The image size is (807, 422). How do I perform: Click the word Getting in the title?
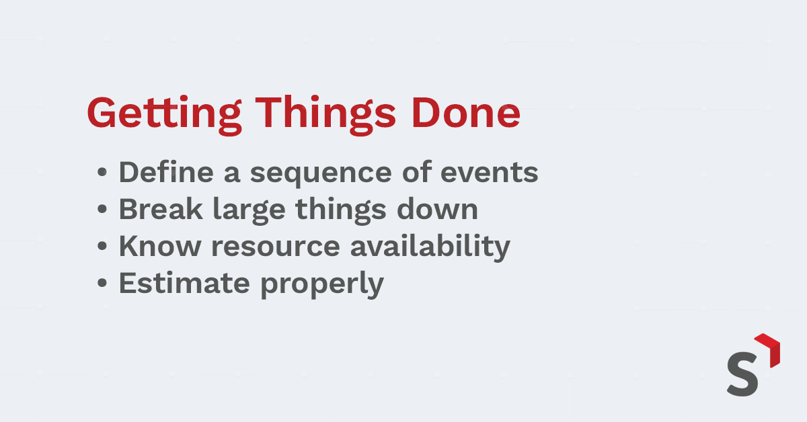tap(164, 115)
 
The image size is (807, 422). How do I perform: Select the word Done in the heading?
tap(466, 113)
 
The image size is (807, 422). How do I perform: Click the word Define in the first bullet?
tap(167, 172)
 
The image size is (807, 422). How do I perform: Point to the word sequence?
tap(321, 175)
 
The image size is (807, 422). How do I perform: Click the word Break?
tap(161, 208)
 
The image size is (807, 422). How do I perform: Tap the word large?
tap(249, 211)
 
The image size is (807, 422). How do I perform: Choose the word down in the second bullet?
tap(437, 208)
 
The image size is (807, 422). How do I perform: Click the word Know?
tap(159, 245)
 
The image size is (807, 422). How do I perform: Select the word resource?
tap(276, 248)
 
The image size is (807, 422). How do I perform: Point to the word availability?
tap(430, 247)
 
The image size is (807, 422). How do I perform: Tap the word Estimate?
tap(184, 283)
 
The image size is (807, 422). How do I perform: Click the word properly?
tap(322, 284)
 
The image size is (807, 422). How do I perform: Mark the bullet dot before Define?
tap(102, 172)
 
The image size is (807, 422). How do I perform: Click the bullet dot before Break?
tap(102, 209)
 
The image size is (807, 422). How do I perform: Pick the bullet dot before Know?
tap(102, 246)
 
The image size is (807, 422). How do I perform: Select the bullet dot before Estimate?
tap(102, 283)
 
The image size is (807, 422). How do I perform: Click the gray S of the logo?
tap(743, 374)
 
